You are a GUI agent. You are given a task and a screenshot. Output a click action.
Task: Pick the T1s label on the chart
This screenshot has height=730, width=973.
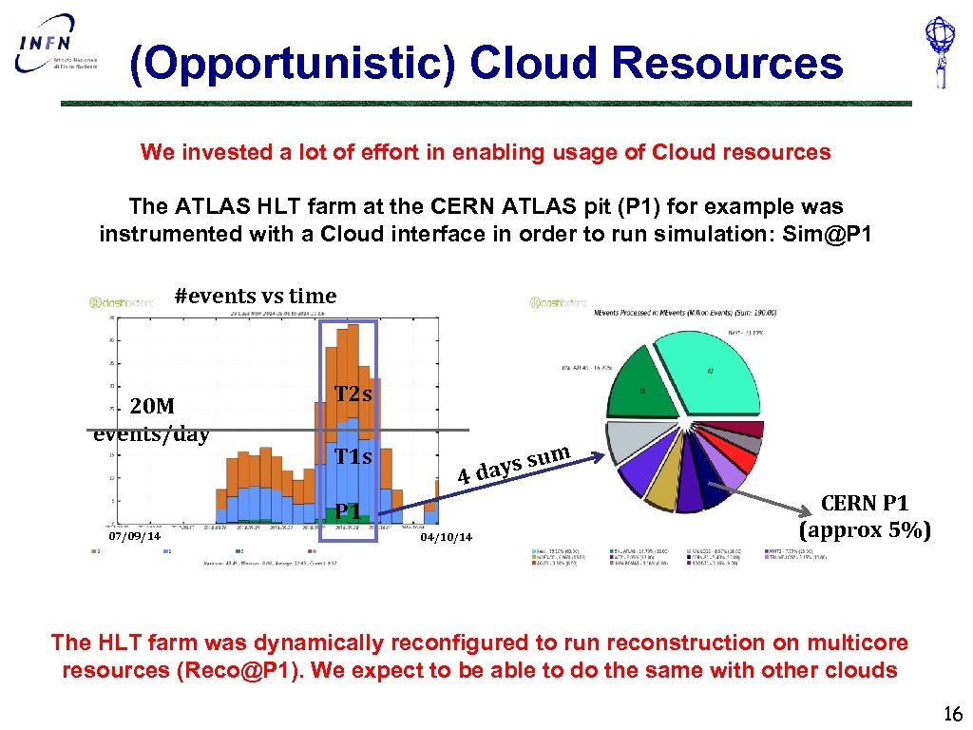pyautogui.click(x=353, y=457)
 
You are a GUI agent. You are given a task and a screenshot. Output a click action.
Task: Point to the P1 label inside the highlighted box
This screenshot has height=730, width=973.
pyautogui.click(x=347, y=511)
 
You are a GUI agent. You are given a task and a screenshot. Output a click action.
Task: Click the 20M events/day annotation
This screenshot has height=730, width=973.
pyautogui.click(x=152, y=420)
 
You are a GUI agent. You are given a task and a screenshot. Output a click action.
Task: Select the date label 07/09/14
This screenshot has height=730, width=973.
pyautogui.click(x=134, y=537)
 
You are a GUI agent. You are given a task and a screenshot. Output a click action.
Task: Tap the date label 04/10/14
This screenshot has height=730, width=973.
pyautogui.click(x=446, y=537)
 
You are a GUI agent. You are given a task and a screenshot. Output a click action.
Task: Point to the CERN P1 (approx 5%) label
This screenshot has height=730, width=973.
pyautogui.click(x=864, y=516)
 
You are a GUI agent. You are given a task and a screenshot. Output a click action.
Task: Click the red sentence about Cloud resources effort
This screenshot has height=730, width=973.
pyautogui.click(x=486, y=152)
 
